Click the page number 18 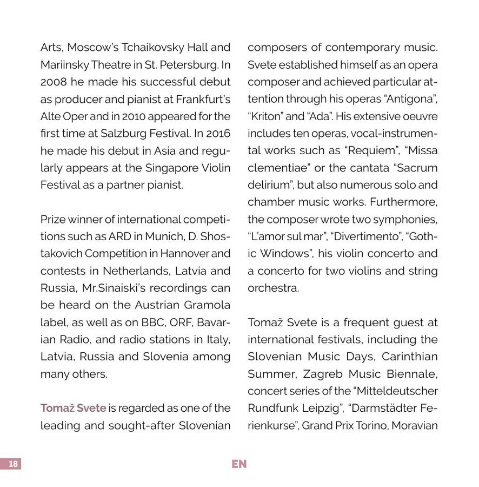click(14, 464)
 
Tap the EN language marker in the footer click(239, 464)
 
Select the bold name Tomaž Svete click(73, 408)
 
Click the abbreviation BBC click(154, 323)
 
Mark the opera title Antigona click(411, 99)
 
